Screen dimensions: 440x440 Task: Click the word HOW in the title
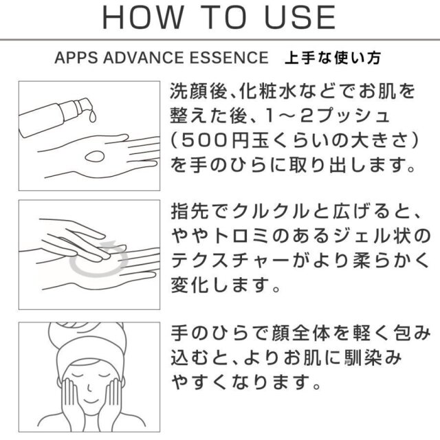click(143, 17)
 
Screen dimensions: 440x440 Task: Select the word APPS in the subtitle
click(76, 58)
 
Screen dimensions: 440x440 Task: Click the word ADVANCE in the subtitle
click(143, 58)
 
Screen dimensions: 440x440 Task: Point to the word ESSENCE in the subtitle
click(229, 58)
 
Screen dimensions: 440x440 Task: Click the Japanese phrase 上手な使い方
click(333, 58)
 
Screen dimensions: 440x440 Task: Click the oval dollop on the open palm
click(95, 156)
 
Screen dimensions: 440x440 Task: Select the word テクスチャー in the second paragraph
click(230, 261)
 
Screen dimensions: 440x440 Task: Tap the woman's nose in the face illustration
click(89, 388)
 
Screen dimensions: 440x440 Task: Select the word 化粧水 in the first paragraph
click(267, 91)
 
